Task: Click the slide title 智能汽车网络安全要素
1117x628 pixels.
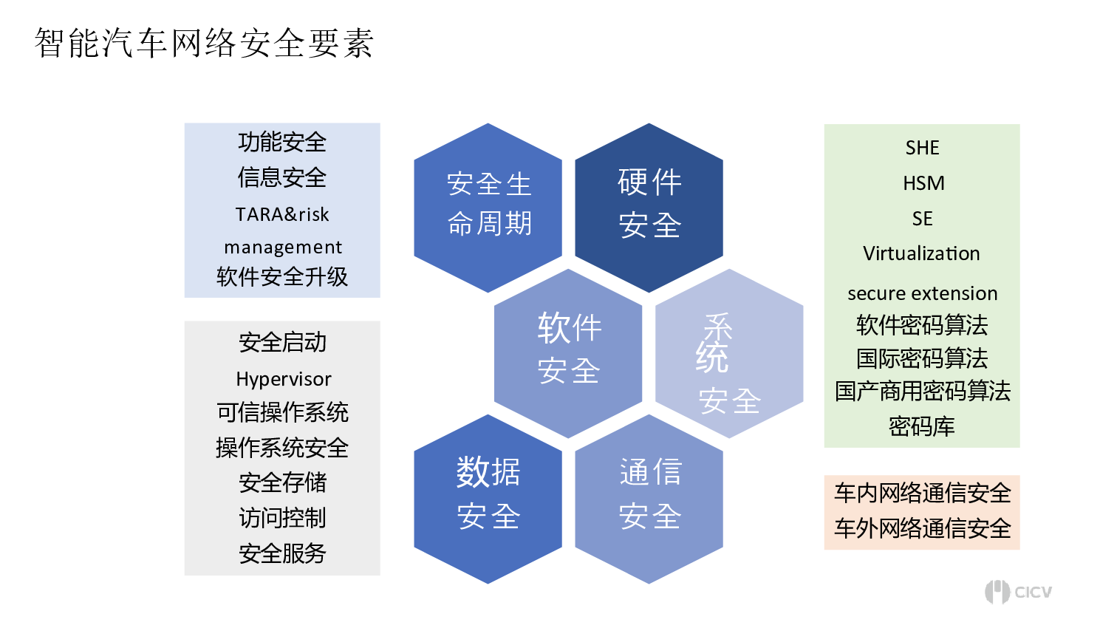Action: pyautogui.click(x=204, y=44)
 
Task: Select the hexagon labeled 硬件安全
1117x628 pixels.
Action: pyautogui.click(x=649, y=208)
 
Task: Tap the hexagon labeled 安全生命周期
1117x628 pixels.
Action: pyautogui.click(x=488, y=208)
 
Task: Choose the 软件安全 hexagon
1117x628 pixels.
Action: pyautogui.click(x=568, y=353)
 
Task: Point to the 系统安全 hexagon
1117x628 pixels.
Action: pyautogui.click(x=729, y=353)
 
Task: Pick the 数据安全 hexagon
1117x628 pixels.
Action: pyautogui.click(x=488, y=499)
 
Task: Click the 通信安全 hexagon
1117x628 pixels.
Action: pyautogui.click(x=649, y=499)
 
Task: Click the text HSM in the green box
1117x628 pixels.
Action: pyautogui.click(x=923, y=183)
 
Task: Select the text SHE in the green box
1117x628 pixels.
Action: pyautogui.click(x=923, y=148)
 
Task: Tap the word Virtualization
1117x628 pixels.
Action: pyautogui.click(x=921, y=253)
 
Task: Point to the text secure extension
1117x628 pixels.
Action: pyautogui.click(x=923, y=293)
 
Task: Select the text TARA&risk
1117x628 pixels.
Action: pyautogui.click(x=282, y=214)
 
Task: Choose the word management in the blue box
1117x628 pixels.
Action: pyautogui.click(x=283, y=248)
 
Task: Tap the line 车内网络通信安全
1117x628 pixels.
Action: pyautogui.click(x=923, y=494)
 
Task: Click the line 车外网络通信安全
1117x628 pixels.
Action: pyautogui.click(x=923, y=528)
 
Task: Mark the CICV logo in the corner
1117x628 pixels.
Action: pyautogui.click(x=1018, y=592)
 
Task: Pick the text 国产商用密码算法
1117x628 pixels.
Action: pyautogui.click(x=923, y=391)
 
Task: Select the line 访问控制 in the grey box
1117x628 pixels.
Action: pyautogui.click(x=283, y=518)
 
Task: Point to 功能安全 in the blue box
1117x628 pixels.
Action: pyautogui.click(x=282, y=142)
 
